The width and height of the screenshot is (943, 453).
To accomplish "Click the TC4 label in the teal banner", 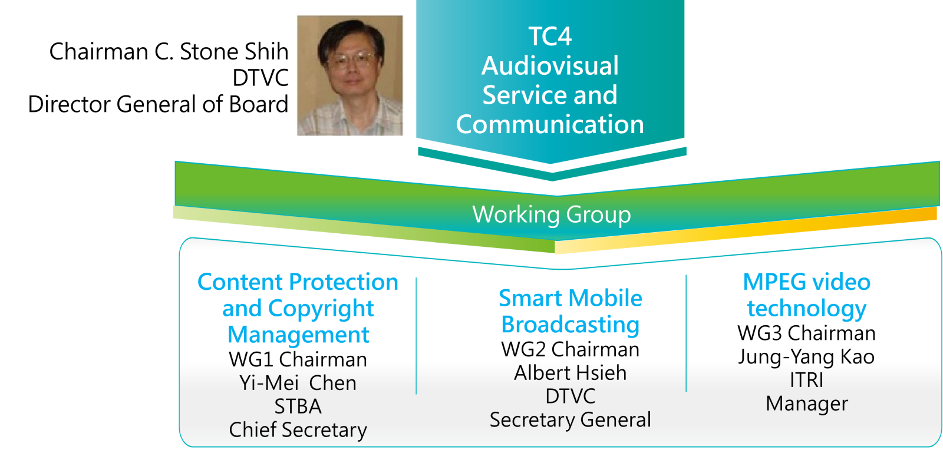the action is click(550, 37).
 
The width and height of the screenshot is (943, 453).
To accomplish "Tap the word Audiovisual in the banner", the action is click(550, 66).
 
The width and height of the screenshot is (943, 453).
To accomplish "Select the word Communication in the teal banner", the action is click(550, 124).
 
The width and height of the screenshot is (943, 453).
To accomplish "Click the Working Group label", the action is click(552, 215).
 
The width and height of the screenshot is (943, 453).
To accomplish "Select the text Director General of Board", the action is click(159, 104).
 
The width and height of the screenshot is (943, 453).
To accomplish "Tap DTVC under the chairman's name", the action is click(261, 78).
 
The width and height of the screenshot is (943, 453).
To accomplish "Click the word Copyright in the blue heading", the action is click(321, 309).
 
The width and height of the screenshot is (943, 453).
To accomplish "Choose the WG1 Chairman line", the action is click(298, 359).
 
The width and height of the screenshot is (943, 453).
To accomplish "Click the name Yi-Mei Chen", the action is click(298, 383).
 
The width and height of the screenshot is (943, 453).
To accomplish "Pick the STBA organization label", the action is click(298, 406).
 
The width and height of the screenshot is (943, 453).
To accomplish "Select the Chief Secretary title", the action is click(298, 430).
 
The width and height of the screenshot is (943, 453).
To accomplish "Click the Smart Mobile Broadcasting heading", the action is click(571, 311).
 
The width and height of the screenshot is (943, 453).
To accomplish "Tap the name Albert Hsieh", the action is click(571, 373).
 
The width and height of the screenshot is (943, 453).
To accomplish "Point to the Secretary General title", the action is click(571, 420).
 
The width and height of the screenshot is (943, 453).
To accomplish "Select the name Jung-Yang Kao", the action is click(806, 357).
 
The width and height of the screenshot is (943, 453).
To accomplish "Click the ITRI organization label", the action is click(806, 380).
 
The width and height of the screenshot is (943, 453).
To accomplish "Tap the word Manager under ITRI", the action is click(807, 404).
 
